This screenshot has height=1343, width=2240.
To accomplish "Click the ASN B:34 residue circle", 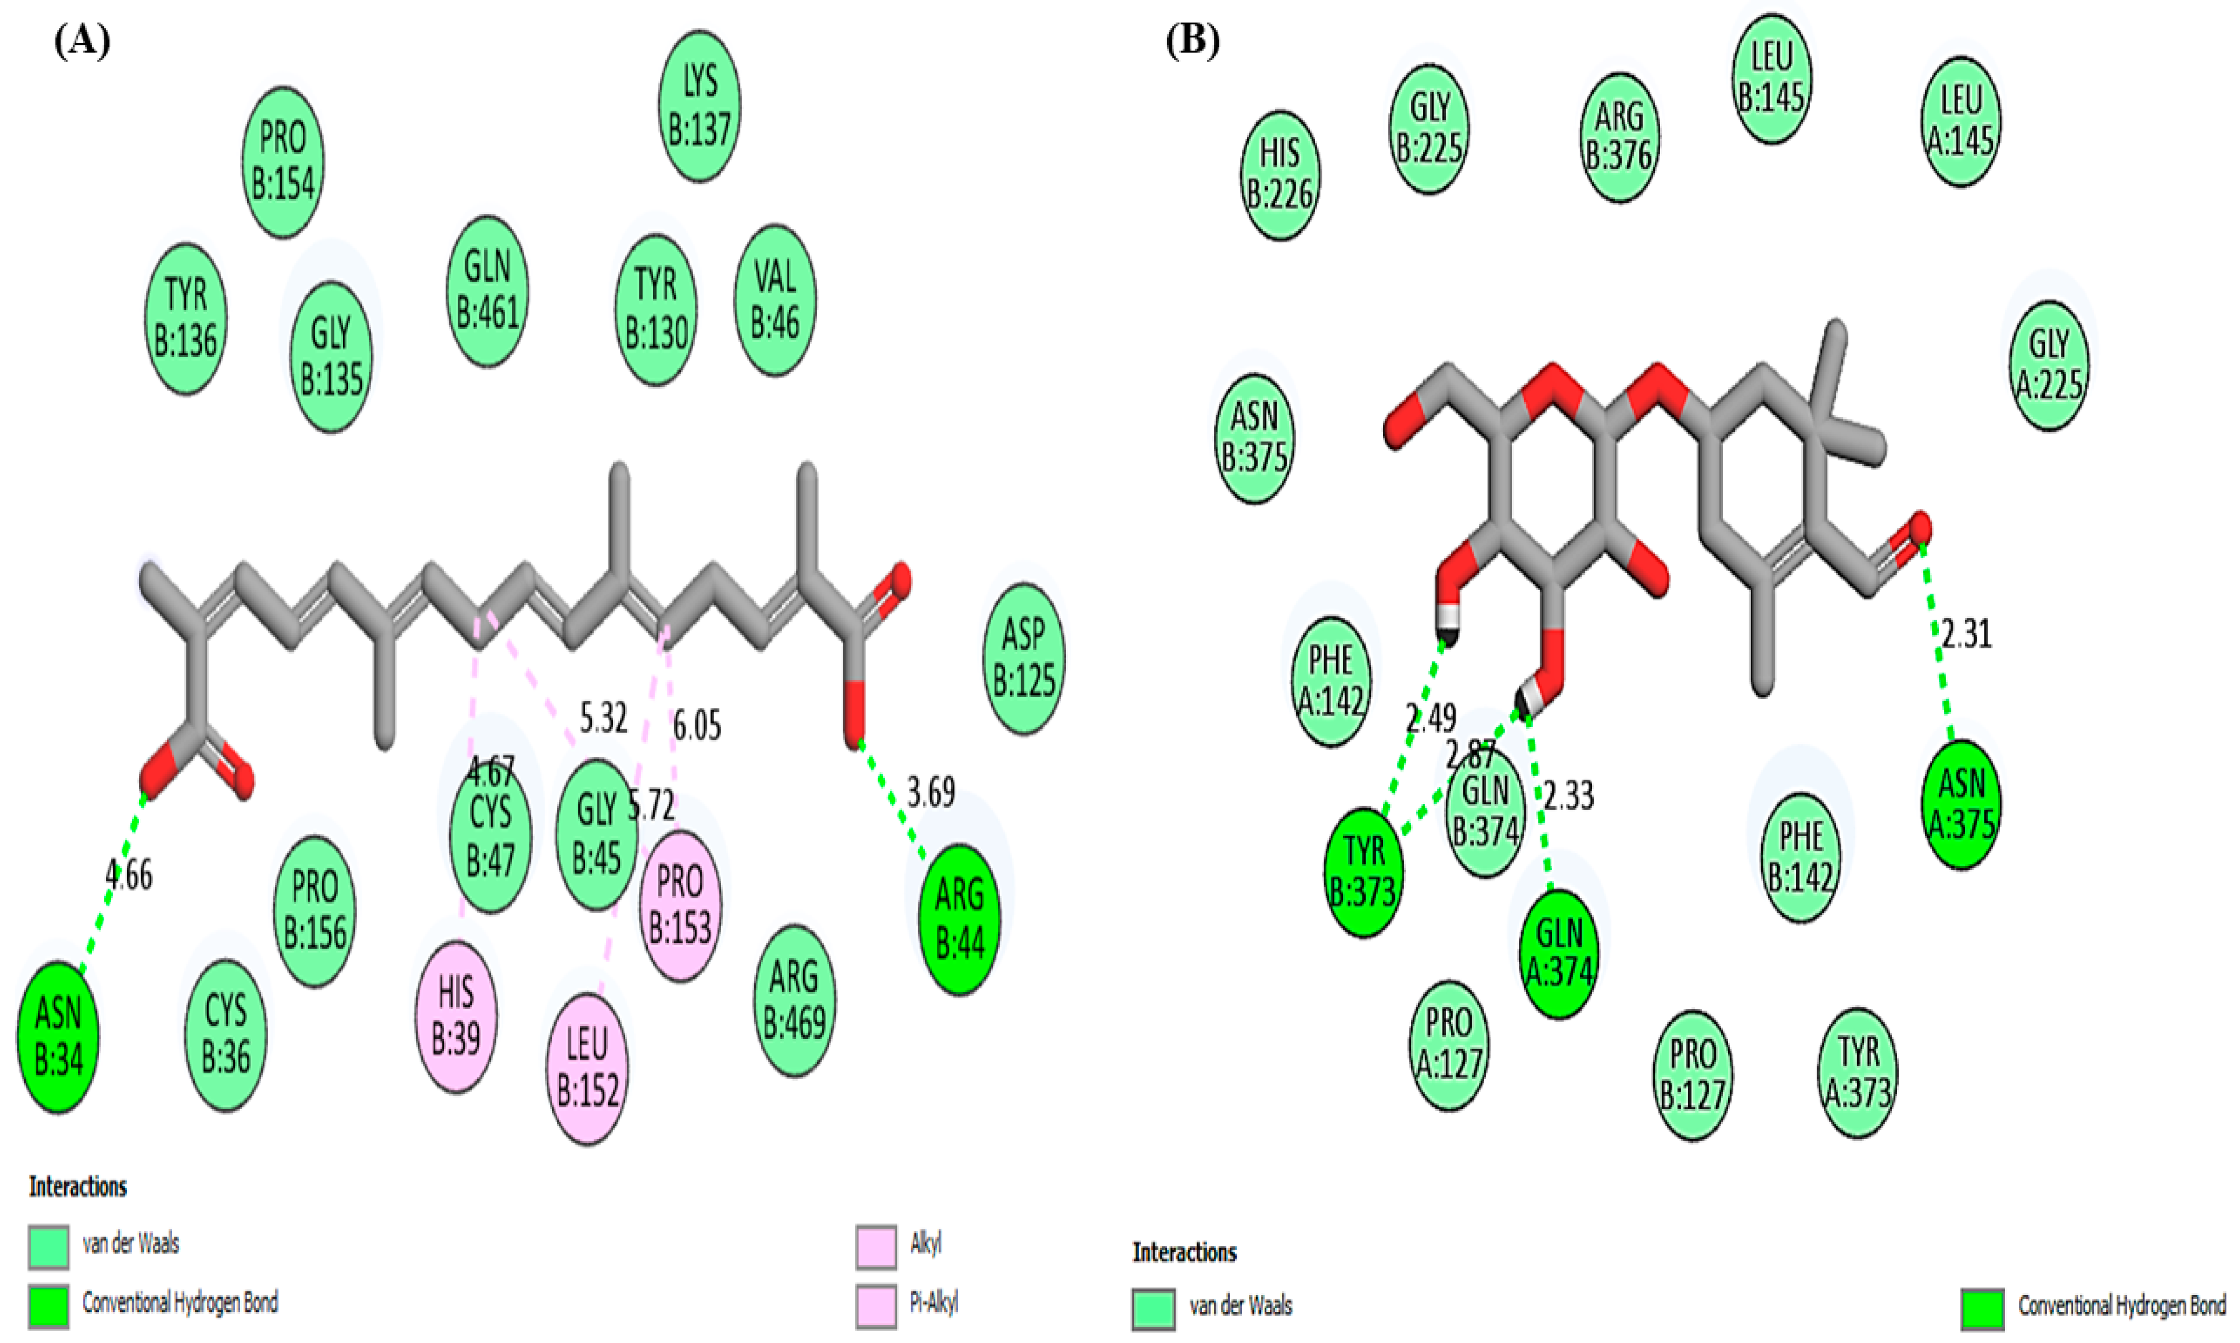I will tap(58, 1036).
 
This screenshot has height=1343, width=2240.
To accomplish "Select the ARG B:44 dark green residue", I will tap(959, 919).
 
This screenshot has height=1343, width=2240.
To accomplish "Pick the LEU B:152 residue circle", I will tap(587, 1068).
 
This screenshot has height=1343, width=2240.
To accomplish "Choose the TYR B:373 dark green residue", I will tap(1364, 870).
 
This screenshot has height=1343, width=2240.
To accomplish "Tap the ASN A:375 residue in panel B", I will tap(1960, 803).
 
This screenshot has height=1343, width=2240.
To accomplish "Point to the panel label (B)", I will tap(1192, 41).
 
